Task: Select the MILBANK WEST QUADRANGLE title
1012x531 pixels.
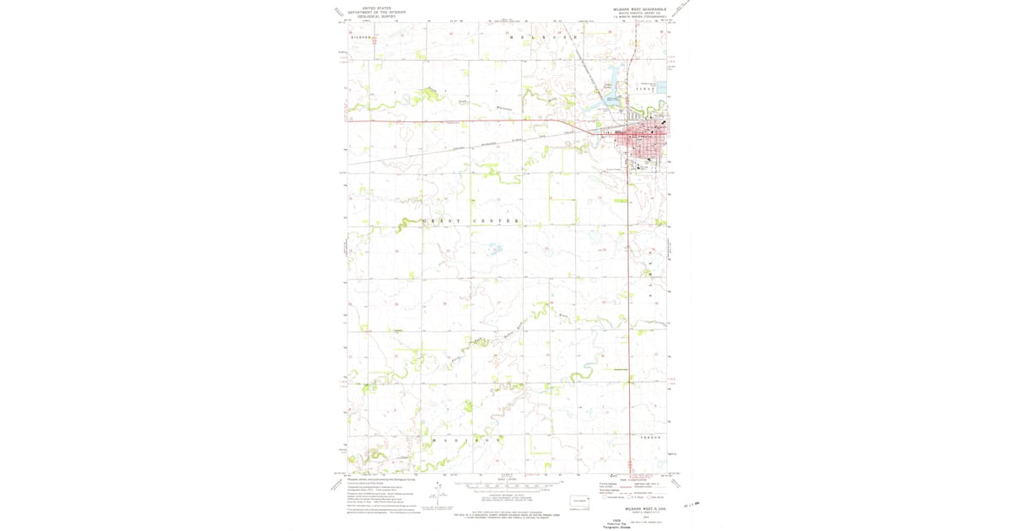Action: pyautogui.click(x=639, y=9)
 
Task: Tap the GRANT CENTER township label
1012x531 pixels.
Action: pyautogui.click(x=471, y=221)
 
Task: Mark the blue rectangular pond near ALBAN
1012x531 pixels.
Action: pyautogui.click(x=662, y=87)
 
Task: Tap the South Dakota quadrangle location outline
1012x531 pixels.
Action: pyautogui.click(x=581, y=500)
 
